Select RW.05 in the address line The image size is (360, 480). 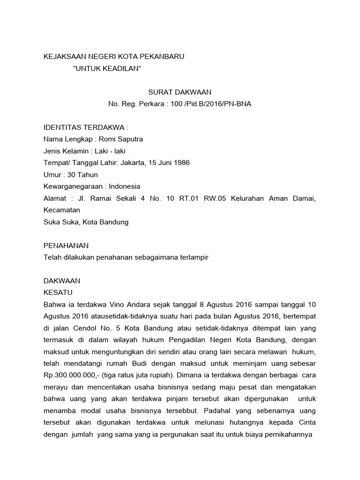216,199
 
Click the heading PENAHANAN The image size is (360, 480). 66,245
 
